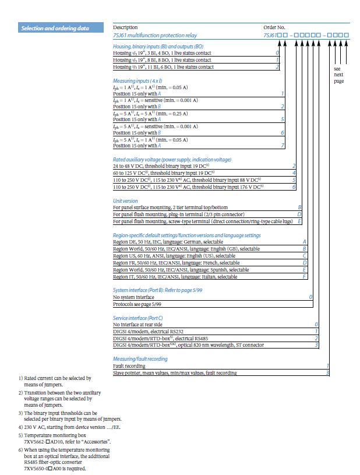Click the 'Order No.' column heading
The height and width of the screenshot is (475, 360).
(x=274, y=27)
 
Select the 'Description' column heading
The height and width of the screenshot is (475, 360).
(x=125, y=27)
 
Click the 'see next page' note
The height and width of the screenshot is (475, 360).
(x=338, y=75)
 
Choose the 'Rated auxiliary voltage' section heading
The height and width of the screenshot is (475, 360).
(x=172, y=159)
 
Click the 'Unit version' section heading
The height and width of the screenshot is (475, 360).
(x=125, y=200)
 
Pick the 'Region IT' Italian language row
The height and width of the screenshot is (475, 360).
(x=175, y=277)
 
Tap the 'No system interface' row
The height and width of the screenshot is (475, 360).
(x=133, y=297)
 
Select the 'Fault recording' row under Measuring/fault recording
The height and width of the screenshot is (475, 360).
(x=130, y=365)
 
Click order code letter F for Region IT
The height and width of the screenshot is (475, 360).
(x=305, y=277)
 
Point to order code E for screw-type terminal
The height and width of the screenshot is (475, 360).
(x=299, y=221)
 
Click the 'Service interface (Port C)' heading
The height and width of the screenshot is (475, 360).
(x=138, y=318)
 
